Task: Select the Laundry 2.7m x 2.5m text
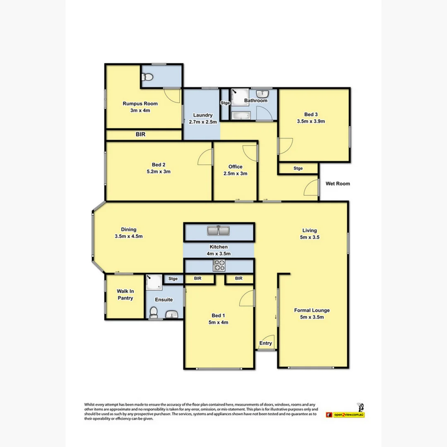[202, 118]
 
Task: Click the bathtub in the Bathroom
[241, 115]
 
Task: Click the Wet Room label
[337, 183]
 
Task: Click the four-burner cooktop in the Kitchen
[219, 266]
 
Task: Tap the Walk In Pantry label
[125, 295]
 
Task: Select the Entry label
[266, 343]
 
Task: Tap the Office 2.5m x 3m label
[235, 170]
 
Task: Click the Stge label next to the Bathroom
[225, 103]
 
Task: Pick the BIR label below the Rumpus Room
[140, 135]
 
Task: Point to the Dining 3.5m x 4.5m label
[129, 233]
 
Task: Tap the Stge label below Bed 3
[298, 168]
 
